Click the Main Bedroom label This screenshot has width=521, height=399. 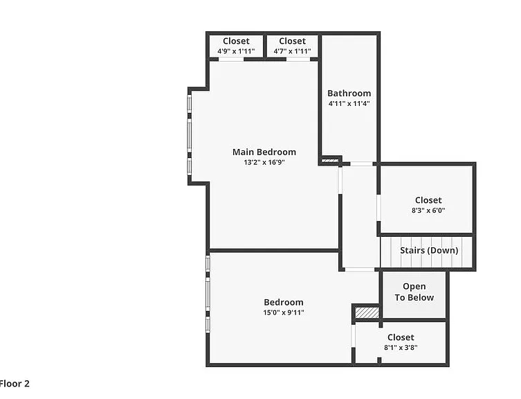[x=264, y=152]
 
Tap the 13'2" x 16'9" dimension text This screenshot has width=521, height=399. [x=264, y=162]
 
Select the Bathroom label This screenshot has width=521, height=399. [x=349, y=94]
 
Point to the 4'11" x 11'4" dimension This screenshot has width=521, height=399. [x=349, y=103]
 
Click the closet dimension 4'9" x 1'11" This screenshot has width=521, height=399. [x=236, y=51]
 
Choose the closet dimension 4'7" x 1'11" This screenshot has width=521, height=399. [x=292, y=51]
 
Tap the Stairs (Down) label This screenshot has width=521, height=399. [x=429, y=250]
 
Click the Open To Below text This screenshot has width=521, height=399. [x=414, y=292]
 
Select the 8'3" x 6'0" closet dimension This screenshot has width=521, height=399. [x=428, y=211]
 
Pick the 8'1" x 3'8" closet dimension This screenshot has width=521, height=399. [x=401, y=348]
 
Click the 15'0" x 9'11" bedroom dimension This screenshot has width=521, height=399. [x=284, y=312]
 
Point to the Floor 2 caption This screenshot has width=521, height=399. [x=15, y=384]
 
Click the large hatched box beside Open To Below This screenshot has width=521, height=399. [x=367, y=312]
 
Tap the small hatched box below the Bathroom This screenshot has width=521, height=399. [x=330, y=161]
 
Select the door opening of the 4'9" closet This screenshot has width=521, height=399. [x=231, y=60]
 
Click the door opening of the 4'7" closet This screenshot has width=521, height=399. [x=298, y=60]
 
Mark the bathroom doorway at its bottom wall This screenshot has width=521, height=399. [x=361, y=163]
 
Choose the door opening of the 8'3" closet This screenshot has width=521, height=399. [x=378, y=208]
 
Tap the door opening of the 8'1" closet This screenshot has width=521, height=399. [x=354, y=335]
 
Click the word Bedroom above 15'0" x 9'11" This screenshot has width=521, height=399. [x=284, y=302]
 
